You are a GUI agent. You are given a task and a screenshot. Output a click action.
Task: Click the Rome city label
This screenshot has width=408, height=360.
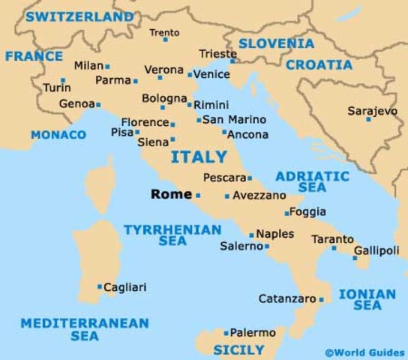tap(171, 193)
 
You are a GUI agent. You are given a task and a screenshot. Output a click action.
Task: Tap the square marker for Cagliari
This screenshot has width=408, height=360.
tap(100, 286)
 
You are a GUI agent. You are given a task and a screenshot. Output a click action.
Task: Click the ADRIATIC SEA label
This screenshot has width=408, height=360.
tap(312, 181)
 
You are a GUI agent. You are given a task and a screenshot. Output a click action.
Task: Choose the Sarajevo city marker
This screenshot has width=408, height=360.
tap(369, 118)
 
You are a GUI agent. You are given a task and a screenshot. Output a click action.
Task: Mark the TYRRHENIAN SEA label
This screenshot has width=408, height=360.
tap(172, 235)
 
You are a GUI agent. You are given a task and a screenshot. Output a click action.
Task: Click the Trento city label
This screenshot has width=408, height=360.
tap(164, 32)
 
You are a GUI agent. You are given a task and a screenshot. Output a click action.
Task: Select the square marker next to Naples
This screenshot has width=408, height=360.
tap(252, 235)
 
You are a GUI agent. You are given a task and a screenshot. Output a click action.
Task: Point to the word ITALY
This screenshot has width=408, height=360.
tap(199, 157)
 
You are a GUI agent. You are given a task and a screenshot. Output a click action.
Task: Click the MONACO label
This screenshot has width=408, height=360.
tap(58, 135)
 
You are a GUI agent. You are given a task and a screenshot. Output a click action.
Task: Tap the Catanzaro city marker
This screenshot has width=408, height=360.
tap(321, 299)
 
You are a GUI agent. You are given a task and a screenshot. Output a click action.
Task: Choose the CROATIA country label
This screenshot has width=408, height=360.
tap(319, 64)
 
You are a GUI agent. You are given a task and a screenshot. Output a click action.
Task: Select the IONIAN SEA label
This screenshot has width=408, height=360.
tap(367, 299)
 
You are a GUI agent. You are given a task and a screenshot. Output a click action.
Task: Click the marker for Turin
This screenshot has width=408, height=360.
tap(63, 80)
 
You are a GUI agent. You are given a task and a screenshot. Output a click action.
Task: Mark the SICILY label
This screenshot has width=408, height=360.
tap(238, 349)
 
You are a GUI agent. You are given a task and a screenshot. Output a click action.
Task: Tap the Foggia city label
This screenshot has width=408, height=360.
tap(307, 212)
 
